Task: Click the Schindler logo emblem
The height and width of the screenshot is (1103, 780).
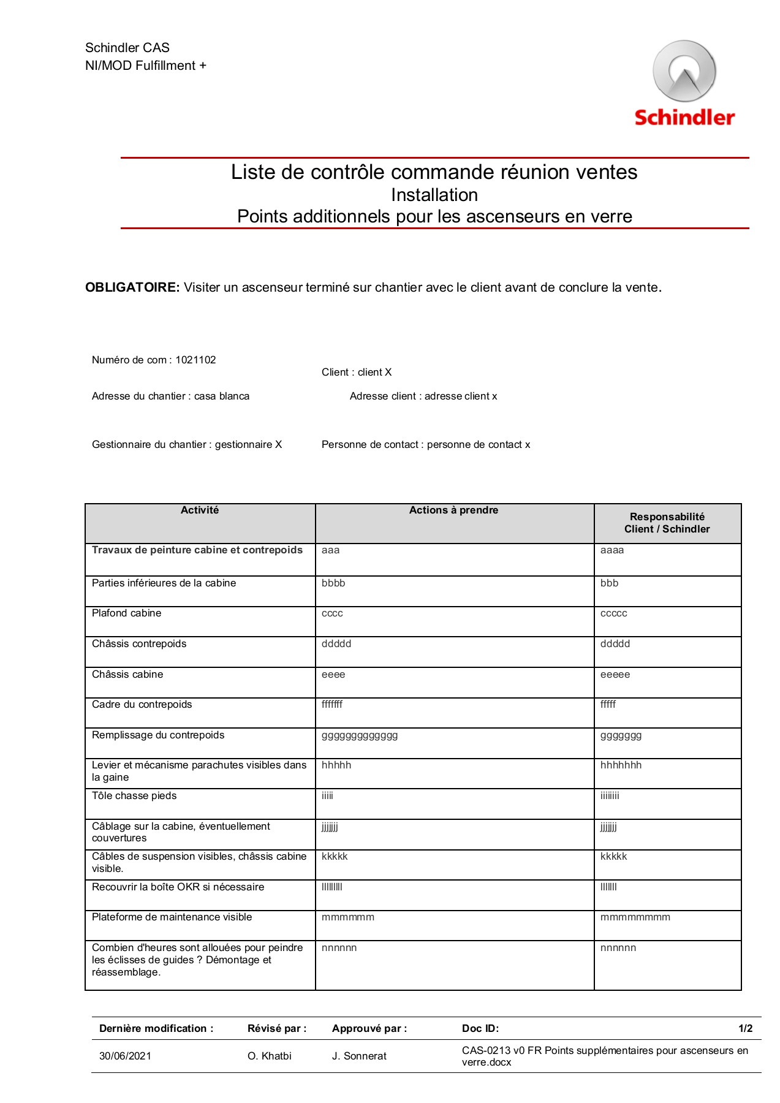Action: tap(684, 72)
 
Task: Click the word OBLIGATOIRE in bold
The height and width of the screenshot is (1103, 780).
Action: tap(132, 287)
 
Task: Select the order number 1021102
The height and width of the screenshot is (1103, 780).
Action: tap(195, 360)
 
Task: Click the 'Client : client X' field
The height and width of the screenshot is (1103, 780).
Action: tap(357, 373)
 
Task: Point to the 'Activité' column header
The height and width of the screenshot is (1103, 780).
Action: tap(200, 510)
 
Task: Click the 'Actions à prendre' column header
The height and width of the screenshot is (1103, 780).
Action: tap(453, 510)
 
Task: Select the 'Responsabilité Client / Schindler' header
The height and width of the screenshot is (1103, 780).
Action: tap(667, 523)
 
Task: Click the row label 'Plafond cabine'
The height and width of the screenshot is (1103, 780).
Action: tap(127, 613)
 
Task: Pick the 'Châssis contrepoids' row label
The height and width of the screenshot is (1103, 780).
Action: tap(139, 644)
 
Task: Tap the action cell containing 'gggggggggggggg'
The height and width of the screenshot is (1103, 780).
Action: tap(360, 735)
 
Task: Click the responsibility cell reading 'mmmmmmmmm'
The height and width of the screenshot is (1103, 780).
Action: tap(635, 917)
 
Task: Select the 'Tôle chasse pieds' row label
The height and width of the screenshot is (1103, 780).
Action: tap(134, 796)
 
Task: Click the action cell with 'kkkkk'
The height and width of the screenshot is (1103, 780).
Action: tap(335, 857)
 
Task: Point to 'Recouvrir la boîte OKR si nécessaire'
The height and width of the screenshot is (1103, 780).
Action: tap(178, 887)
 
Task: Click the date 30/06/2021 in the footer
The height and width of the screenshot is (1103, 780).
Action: tap(125, 1056)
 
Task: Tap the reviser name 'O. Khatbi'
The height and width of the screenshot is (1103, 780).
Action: tap(270, 1056)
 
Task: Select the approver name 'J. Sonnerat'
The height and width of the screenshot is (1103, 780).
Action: tap(359, 1056)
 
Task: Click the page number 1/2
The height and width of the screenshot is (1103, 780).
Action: tap(745, 1029)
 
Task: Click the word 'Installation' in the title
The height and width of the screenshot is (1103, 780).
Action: tap(434, 195)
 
